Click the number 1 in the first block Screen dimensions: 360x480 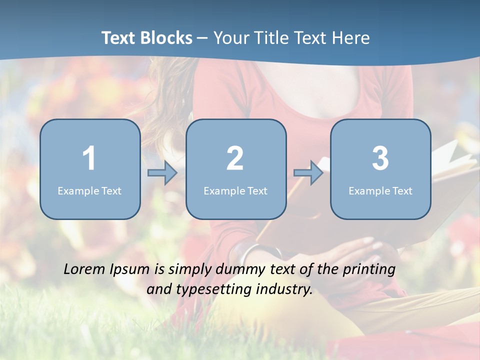tap(89, 158)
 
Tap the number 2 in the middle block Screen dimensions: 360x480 tap(235, 158)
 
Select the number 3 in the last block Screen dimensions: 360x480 tap(380, 158)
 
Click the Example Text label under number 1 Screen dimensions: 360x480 tap(89, 190)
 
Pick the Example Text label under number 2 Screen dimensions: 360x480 tap(235, 190)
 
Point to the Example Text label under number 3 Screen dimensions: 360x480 tap(380, 190)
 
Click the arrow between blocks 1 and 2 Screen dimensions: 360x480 tap(162, 173)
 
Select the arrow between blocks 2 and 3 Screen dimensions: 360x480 tap(308, 173)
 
